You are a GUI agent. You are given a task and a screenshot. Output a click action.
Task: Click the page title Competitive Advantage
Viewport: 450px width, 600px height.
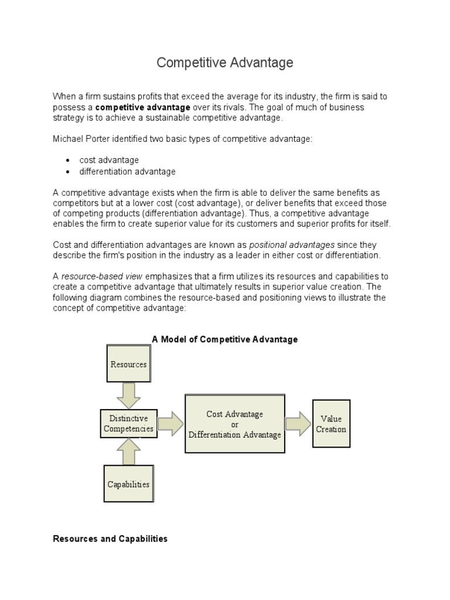tap(224, 63)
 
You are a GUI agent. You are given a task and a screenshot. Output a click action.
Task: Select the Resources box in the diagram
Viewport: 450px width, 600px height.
tap(128, 364)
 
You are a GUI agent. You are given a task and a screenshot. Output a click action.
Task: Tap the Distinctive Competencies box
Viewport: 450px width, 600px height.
tap(128, 424)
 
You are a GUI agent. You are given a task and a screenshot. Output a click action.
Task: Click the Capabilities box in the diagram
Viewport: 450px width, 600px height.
tap(128, 484)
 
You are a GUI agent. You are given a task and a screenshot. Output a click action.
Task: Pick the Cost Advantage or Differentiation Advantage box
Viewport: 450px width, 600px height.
tap(234, 424)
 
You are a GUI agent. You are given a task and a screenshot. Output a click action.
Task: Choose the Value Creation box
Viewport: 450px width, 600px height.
tap(331, 424)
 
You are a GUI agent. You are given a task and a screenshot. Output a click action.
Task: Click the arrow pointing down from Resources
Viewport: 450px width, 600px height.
tap(128, 395)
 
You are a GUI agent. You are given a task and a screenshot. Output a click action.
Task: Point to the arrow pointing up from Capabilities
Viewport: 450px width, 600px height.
tap(128, 452)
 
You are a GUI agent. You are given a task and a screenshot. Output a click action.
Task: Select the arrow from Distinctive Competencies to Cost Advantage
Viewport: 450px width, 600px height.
tap(171, 424)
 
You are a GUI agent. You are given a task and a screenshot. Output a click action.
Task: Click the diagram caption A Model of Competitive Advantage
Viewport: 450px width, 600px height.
tap(224, 339)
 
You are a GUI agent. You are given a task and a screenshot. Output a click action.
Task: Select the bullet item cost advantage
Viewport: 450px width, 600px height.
tap(110, 160)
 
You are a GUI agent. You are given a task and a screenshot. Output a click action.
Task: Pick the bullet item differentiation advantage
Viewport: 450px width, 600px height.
tap(128, 172)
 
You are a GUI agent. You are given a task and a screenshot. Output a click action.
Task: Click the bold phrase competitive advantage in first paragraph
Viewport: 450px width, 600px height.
tap(142, 107)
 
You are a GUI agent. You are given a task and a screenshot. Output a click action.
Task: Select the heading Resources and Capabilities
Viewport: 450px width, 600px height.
tap(110, 538)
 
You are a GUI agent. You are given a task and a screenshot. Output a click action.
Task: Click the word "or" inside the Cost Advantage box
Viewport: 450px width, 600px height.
tap(234, 424)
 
